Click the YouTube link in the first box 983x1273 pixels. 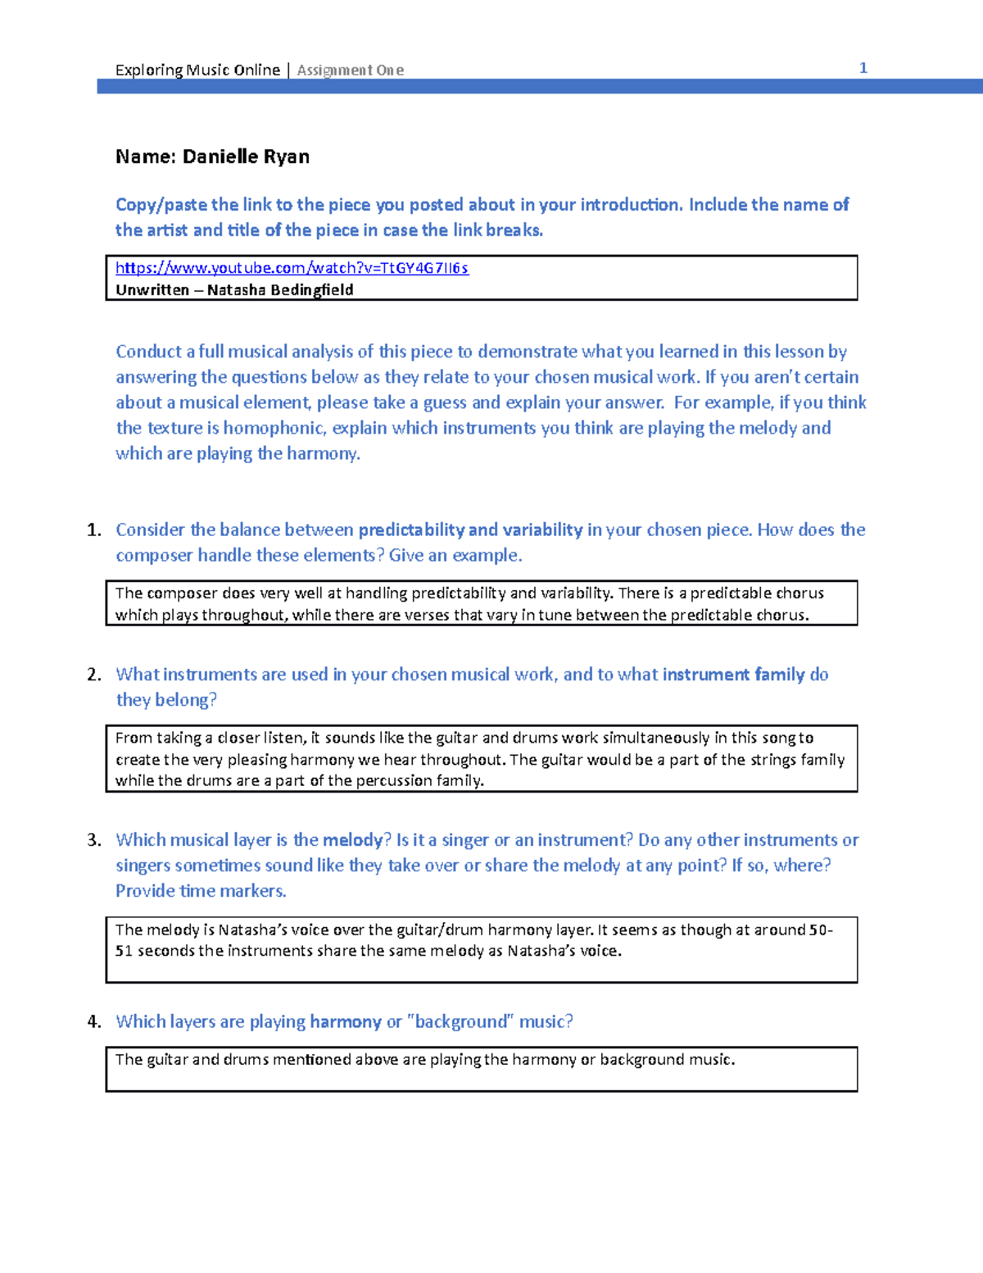[292, 268]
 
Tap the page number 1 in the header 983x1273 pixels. [863, 68]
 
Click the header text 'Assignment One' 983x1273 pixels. [350, 70]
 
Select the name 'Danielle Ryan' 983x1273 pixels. [246, 157]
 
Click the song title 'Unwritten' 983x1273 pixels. [152, 290]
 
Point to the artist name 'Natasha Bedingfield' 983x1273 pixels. [280, 290]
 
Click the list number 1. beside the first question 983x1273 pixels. [94, 530]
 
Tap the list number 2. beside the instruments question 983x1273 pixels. [94, 675]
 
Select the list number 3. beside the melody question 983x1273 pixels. [94, 840]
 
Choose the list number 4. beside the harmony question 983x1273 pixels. [94, 1022]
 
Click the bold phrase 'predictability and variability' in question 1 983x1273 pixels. [470, 530]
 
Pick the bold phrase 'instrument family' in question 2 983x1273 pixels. [733, 675]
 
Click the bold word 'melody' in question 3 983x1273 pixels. [352, 840]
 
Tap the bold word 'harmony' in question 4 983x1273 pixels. [345, 1022]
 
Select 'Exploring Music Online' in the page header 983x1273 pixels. [197, 70]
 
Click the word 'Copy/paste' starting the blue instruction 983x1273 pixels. [161, 205]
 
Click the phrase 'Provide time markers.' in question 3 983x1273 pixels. [201, 891]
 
